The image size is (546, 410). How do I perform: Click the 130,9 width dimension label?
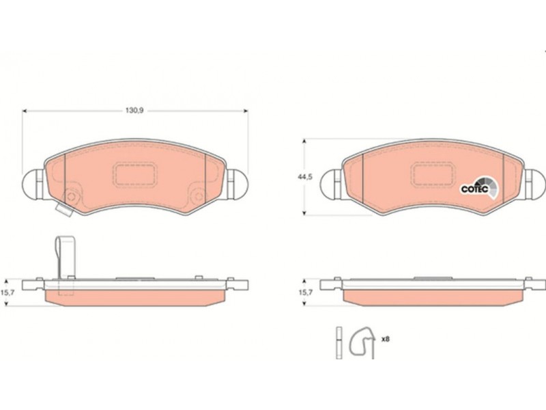[134, 111]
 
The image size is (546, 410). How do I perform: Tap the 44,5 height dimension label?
[304, 177]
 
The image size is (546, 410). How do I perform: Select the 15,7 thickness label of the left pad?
[8, 293]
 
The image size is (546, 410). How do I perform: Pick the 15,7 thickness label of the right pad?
[305, 292]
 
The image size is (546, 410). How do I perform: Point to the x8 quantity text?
[385, 339]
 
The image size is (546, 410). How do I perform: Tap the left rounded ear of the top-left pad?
[33, 184]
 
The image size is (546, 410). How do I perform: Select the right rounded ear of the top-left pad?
[238, 184]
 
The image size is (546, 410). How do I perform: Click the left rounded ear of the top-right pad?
[331, 184]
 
